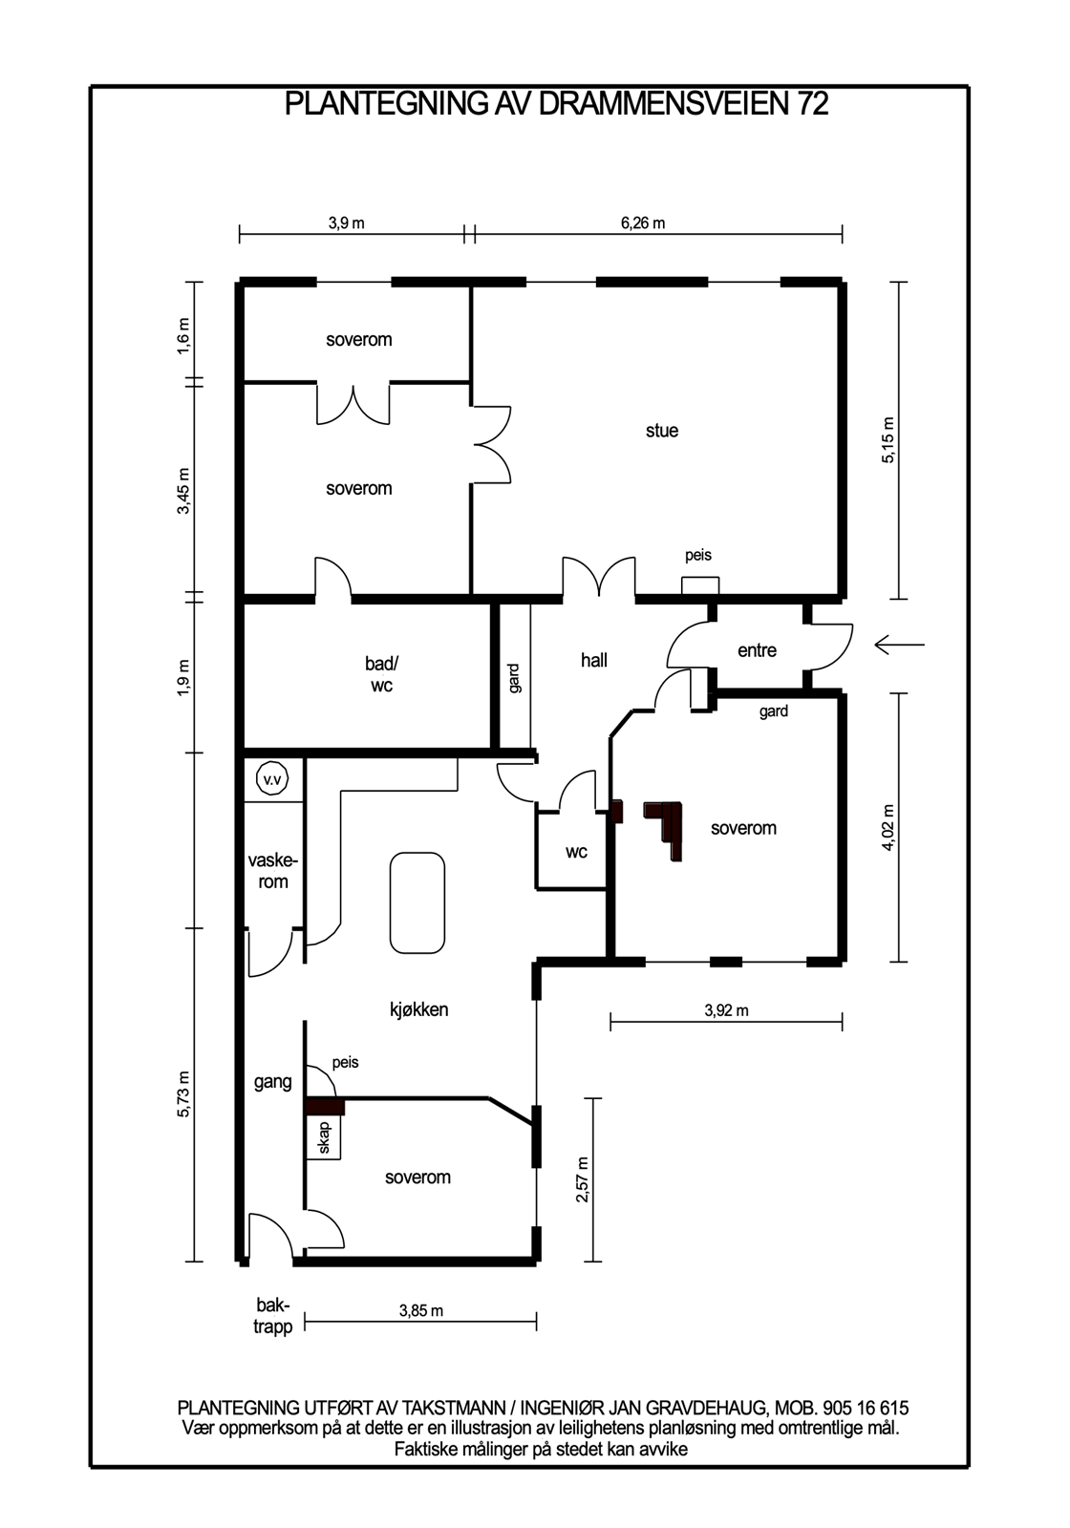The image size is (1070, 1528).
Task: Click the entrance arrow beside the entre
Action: pyautogui.click(x=899, y=644)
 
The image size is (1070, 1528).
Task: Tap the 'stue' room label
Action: pyautogui.click(x=662, y=431)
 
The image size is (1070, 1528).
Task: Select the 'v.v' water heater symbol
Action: pyautogui.click(x=272, y=779)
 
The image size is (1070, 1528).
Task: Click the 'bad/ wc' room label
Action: pyautogui.click(x=381, y=674)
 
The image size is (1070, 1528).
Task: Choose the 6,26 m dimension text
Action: pyautogui.click(x=643, y=223)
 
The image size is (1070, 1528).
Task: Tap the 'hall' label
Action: pyautogui.click(x=593, y=660)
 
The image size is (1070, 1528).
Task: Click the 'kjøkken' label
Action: pyautogui.click(x=419, y=1009)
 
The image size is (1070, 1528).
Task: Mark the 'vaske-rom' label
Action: pyautogui.click(x=273, y=871)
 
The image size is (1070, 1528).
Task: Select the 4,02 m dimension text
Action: pyautogui.click(x=888, y=828)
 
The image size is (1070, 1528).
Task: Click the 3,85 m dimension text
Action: pyautogui.click(x=421, y=1310)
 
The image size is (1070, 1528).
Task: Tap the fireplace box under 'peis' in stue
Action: pyautogui.click(x=700, y=586)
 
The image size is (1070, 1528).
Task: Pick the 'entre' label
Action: pyautogui.click(x=757, y=650)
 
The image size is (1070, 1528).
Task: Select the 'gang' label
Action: pyautogui.click(x=273, y=1082)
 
